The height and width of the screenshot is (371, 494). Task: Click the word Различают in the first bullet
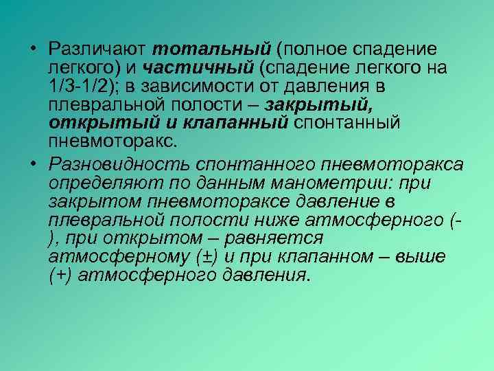(x=97, y=49)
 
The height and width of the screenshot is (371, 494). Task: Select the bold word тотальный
(x=212, y=49)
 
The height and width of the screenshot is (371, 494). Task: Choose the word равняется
(x=282, y=238)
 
